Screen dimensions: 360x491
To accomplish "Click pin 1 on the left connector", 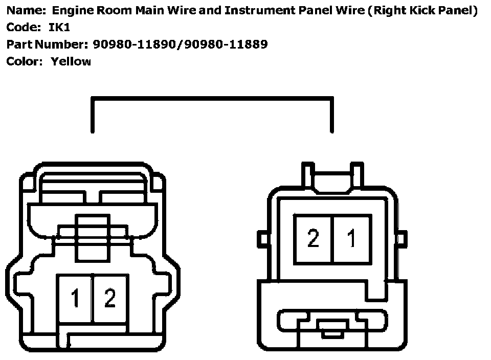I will coord(75,299).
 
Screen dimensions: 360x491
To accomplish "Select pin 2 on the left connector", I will coord(110,299).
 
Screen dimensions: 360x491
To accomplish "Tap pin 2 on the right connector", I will coord(313,239).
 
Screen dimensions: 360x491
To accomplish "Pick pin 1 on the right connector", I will coord(352,239).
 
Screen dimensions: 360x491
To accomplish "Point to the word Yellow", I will coord(71,62).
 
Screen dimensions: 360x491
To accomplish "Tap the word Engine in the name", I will coord(71,11).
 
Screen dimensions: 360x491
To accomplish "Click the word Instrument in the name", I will coord(253,11).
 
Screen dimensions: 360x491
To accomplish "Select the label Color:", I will coord(25,62).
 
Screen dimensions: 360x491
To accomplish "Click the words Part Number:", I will coord(48,44).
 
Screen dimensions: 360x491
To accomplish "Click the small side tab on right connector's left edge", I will coord(262,238).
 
